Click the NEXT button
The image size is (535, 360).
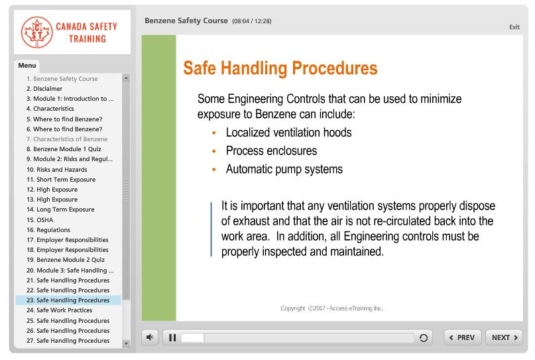coord(504,337)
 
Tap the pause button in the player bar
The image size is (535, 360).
coord(172,337)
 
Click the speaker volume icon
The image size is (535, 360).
coord(150,337)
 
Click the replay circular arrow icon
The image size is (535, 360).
coord(424,338)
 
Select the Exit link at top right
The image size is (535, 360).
coord(514,27)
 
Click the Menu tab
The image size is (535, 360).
coord(27,66)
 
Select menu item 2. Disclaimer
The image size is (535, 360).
coord(44,89)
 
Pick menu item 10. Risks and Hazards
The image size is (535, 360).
coord(56,170)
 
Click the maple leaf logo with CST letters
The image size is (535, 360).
coord(36,32)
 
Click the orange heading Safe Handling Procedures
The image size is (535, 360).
coord(280,68)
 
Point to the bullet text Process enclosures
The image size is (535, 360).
coord(271,150)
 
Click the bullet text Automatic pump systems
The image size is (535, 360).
coord(284,169)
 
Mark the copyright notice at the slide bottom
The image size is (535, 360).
coord(331,308)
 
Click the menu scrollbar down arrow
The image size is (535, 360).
coord(126,343)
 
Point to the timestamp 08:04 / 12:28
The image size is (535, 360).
coord(251,21)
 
